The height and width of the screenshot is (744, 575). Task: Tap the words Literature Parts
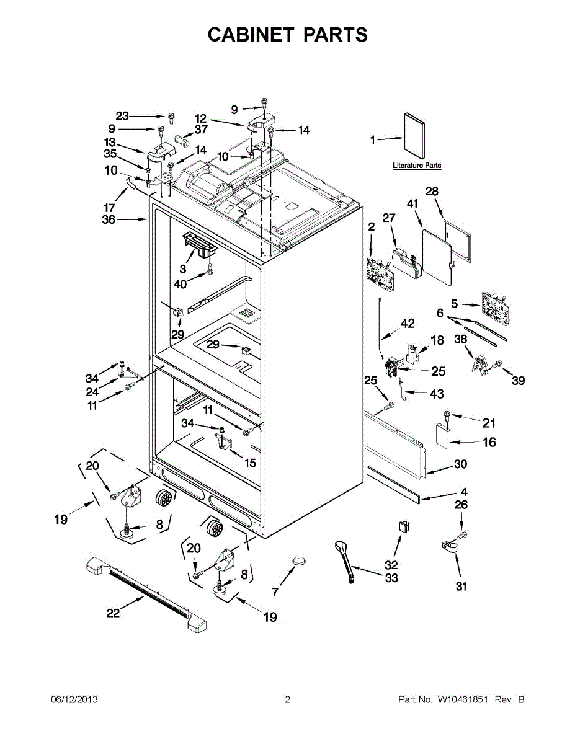[x=417, y=166]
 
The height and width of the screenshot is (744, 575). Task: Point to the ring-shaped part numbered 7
[x=299, y=562]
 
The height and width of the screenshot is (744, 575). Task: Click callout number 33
[x=391, y=578]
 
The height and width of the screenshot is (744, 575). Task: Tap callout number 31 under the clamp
[x=461, y=587]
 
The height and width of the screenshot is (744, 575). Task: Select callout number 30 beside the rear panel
[x=461, y=464]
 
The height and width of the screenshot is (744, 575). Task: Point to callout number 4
[x=464, y=492]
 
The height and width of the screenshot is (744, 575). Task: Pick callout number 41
[x=412, y=203]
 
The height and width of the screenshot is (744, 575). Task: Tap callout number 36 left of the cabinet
[x=109, y=219]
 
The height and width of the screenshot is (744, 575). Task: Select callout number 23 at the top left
[x=122, y=116]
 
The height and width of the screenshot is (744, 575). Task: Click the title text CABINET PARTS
[x=287, y=35]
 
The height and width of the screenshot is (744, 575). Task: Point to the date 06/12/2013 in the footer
[x=74, y=700]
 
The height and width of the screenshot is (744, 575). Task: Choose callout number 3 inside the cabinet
[x=183, y=269]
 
